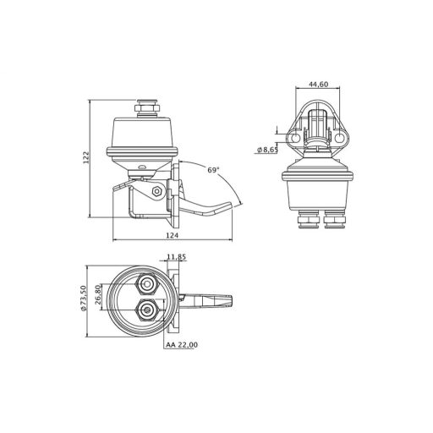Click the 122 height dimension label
pyautogui.click(x=86, y=158)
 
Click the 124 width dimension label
pyautogui.click(x=172, y=235)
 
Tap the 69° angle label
pyautogui.click(x=213, y=170)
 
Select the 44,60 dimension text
pyautogui.click(x=318, y=85)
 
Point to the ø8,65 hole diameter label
pyautogui.click(x=267, y=150)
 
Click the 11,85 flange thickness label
pyautogui.click(x=177, y=257)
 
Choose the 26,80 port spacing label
pyautogui.click(x=98, y=294)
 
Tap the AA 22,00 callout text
pyautogui.click(x=182, y=344)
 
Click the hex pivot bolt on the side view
pyautogui.click(x=156, y=191)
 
